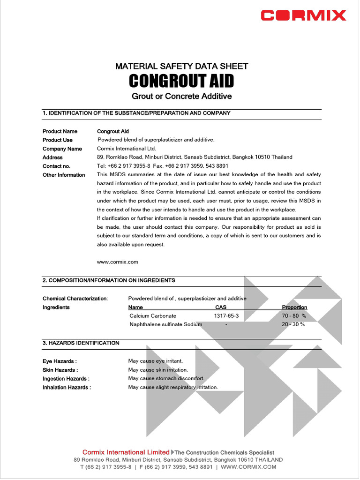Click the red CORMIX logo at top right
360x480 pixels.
[x=303, y=15]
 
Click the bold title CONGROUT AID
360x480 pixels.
[x=181, y=81]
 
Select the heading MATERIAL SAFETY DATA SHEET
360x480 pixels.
[x=181, y=66]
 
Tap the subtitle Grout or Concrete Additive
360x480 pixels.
[x=181, y=96]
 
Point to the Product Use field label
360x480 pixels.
[x=58, y=140]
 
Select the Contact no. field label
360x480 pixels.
[x=56, y=166]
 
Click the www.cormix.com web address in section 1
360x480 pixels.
[x=117, y=262]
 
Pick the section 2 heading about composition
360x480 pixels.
[x=109, y=280]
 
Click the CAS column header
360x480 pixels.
[x=220, y=307]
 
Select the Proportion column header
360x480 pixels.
[x=294, y=307]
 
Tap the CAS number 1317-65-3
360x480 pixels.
[x=226, y=316]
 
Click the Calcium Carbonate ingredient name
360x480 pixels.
[x=153, y=316]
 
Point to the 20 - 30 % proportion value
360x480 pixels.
[x=293, y=324]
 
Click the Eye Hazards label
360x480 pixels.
[x=60, y=361]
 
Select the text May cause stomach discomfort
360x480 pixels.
[x=166, y=378]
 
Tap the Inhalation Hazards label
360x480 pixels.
[x=67, y=388]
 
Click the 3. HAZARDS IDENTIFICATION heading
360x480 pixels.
[x=81, y=343]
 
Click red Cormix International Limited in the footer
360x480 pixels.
[x=126, y=452]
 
